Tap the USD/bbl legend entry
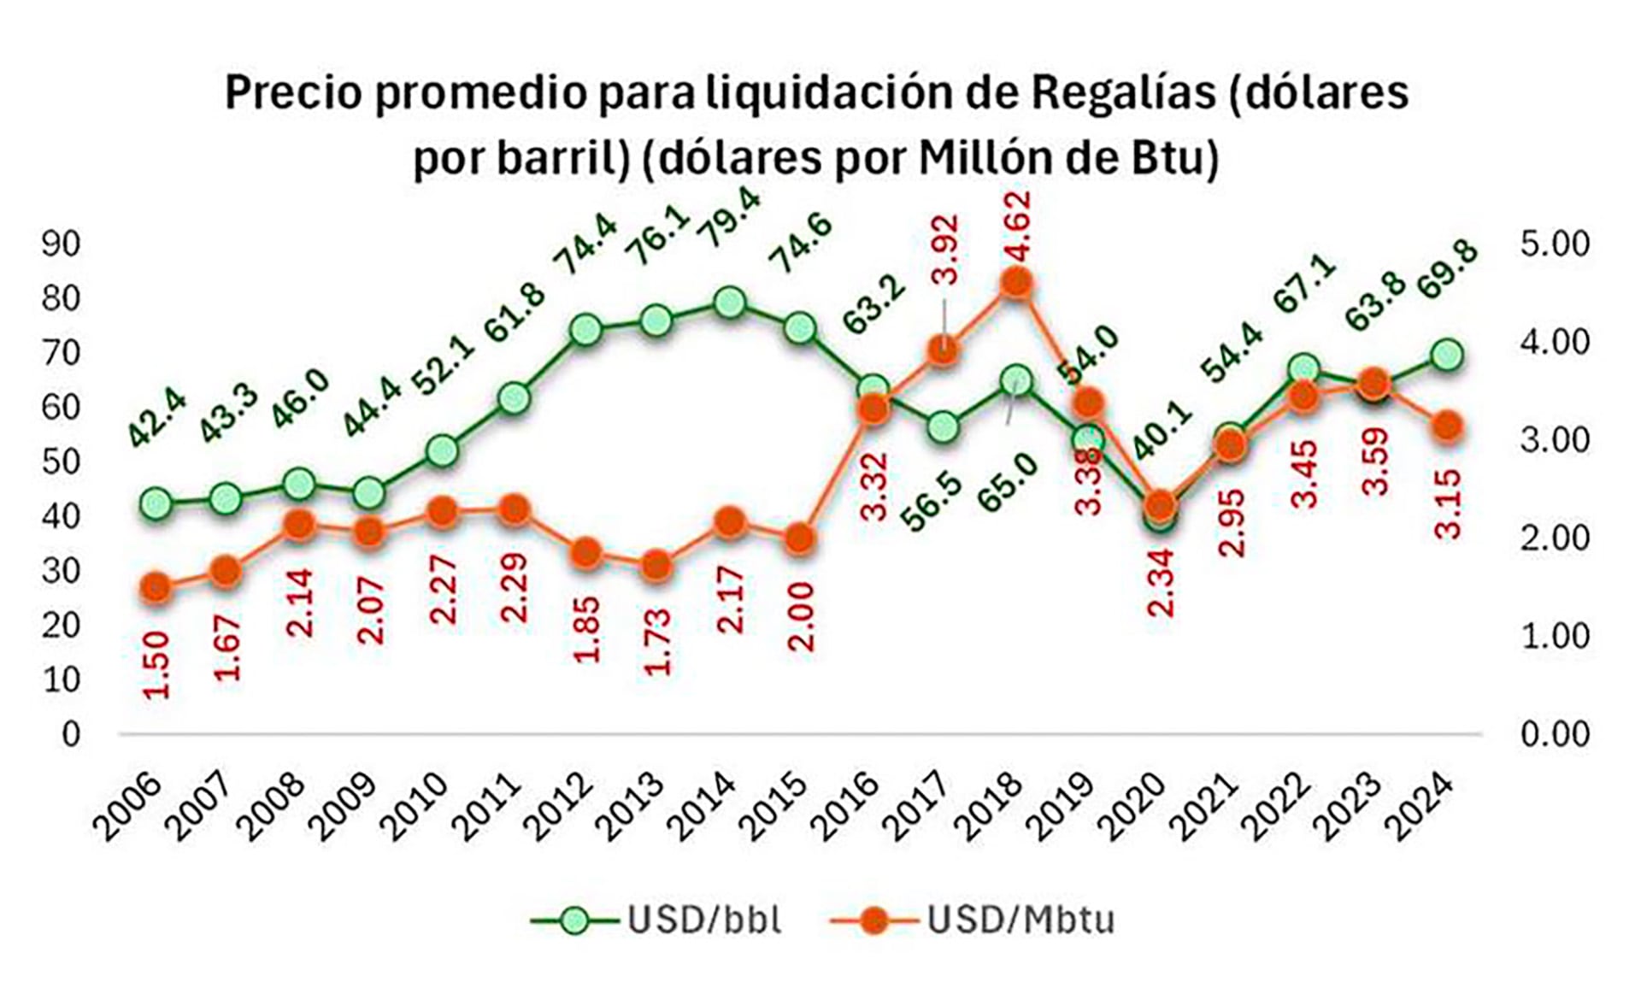[x=656, y=920]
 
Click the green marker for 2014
[x=729, y=303]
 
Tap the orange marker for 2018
[x=1015, y=282]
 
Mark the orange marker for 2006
[x=156, y=587]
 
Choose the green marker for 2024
[x=1447, y=355]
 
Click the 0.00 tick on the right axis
[x=1555, y=734]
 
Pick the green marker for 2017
[x=944, y=426]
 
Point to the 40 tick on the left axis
[x=61, y=516]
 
